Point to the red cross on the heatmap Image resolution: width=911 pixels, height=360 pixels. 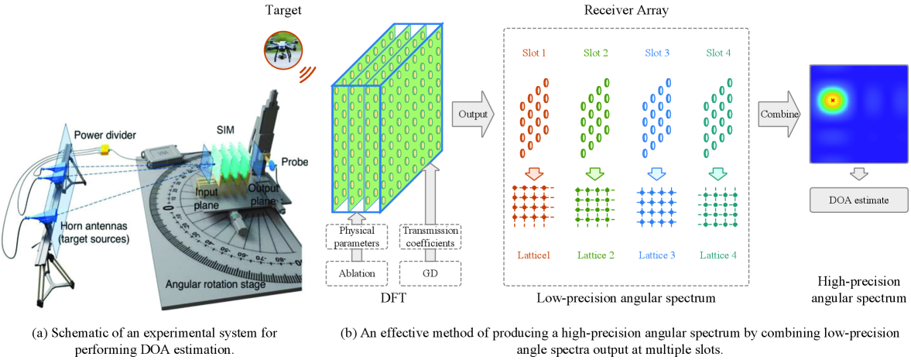[x=832, y=100]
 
